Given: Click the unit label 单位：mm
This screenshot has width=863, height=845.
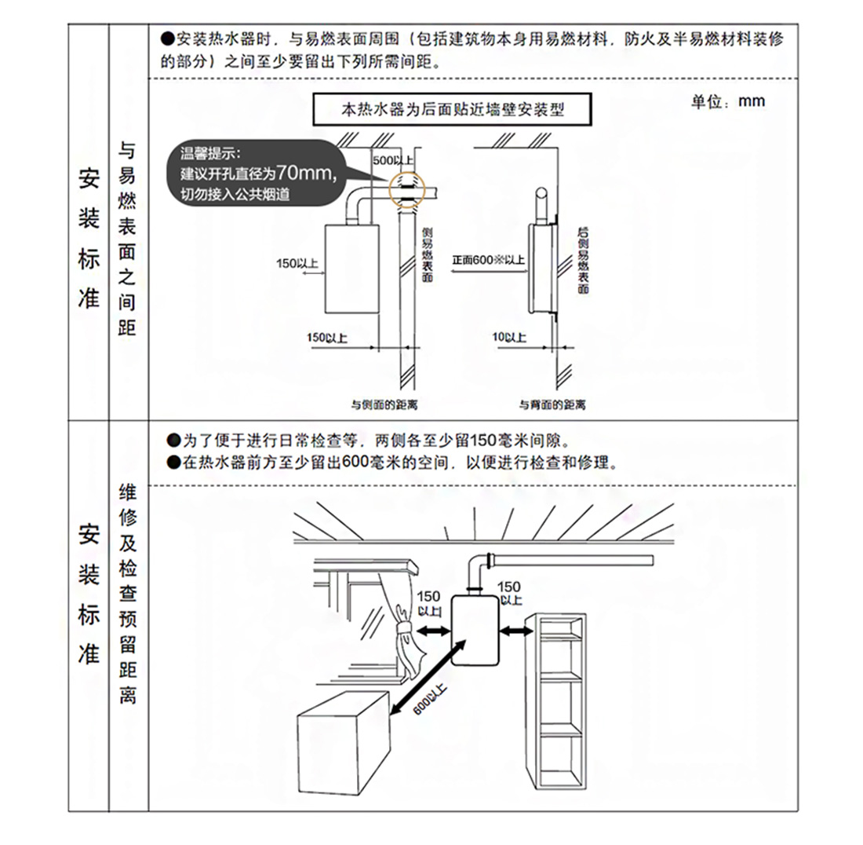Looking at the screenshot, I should coord(727,102).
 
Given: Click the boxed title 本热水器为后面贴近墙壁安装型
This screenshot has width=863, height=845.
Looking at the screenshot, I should coord(453,110).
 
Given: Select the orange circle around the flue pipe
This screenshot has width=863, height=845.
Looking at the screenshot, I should coord(406,190).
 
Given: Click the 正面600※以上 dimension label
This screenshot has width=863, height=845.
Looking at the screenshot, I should coord(488,259).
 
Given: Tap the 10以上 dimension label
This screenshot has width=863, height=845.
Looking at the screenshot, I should coord(509,337).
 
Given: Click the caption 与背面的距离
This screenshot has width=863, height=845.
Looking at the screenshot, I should coord(552,405).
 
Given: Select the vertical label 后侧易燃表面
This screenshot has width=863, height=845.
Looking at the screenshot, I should coord(582,259).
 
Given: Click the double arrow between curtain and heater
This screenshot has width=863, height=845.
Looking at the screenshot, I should coord(431,631).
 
